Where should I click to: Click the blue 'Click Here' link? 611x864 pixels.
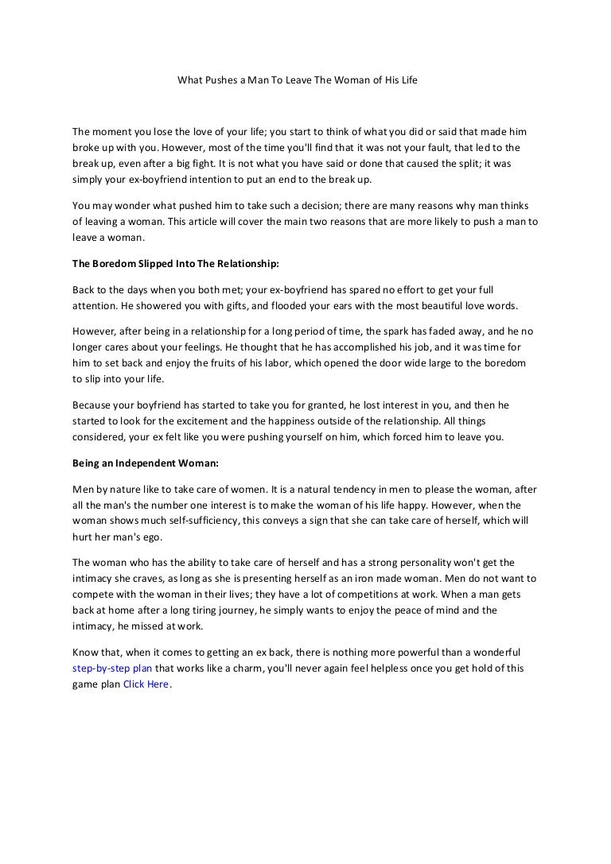pos(146,684)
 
